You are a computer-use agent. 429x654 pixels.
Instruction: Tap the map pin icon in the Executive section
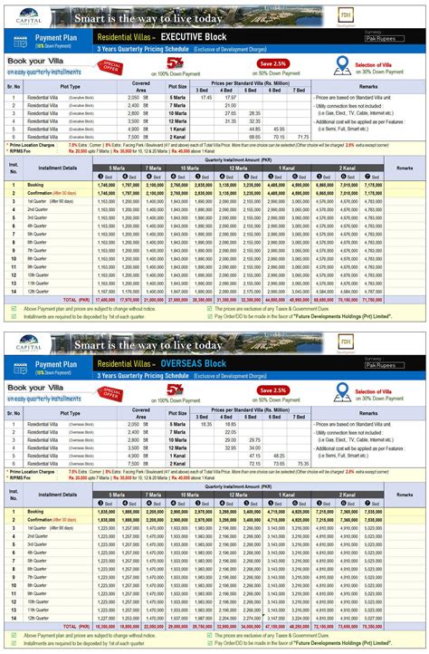[x=342, y=63]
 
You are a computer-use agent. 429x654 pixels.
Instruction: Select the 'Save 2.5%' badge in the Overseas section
[x=273, y=390]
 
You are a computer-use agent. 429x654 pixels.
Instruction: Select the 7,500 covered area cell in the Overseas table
[x=134, y=462]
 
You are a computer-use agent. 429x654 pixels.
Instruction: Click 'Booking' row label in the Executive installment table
[x=36, y=184]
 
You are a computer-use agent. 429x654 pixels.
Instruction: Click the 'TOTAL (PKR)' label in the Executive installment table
[x=78, y=298]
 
